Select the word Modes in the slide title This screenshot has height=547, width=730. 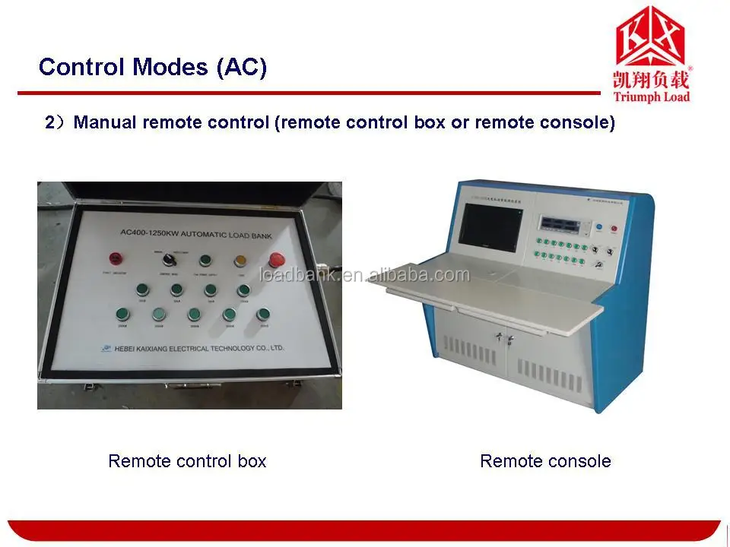pos(172,67)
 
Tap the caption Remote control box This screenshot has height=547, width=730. pos(187,460)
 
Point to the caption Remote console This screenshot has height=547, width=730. pos(545,460)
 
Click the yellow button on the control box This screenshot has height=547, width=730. pos(240,261)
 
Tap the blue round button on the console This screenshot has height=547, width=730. pos(598,226)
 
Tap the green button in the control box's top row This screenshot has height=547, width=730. pos(205,261)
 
